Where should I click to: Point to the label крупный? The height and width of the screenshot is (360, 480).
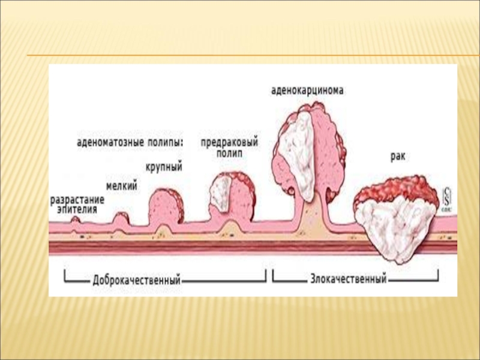tap(164, 166)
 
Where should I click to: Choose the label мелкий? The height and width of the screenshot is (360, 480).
tap(122, 187)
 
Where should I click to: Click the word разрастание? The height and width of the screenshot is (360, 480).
tap(77, 199)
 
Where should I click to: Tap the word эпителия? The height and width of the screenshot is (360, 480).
tap(77, 209)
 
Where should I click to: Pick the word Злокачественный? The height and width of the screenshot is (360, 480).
tap(348, 280)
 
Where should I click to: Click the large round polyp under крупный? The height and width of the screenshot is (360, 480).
tap(164, 206)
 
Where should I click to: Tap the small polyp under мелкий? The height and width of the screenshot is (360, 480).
tap(121, 219)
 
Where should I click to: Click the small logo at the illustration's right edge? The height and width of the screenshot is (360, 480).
tap(447, 197)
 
